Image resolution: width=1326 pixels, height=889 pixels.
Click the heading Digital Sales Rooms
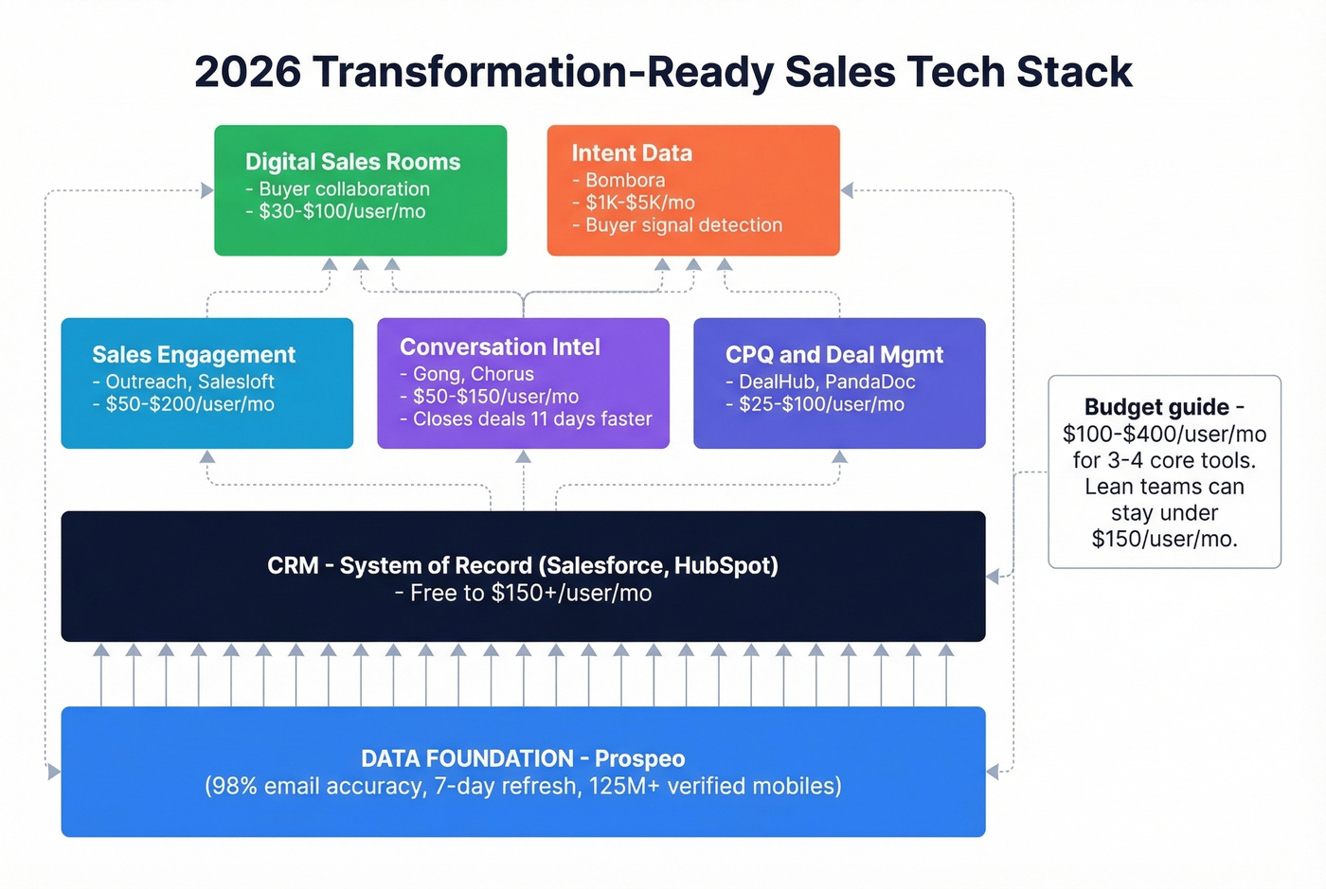click(352, 162)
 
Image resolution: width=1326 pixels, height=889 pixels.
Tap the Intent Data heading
click(632, 153)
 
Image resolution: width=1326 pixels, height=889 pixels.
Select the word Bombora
click(625, 180)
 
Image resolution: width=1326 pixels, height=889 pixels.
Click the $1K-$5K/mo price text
click(639, 203)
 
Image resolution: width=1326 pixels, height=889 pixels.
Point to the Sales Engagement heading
click(193, 355)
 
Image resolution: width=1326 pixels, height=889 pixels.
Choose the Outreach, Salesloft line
click(189, 382)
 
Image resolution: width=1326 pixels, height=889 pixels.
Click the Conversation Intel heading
click(500, 347)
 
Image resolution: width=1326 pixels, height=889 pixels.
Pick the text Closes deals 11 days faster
click(532, 418)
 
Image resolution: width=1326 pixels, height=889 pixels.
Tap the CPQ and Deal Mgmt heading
click(834, 355)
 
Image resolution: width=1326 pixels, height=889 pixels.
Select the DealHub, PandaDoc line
click(827, 382)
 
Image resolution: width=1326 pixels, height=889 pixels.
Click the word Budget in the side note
click(1120, 407)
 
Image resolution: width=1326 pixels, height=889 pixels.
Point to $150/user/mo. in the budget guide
click(1164, 540)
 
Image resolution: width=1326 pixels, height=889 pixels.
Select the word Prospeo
click(639, 759)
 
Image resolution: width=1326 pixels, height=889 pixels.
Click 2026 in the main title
click(248, 73)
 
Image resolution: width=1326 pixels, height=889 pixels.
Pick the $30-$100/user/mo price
click(342, 211)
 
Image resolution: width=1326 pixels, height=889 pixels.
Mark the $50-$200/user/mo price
click(189, 404)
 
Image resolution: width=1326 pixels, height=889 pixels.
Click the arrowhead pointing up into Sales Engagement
click(207, 457)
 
